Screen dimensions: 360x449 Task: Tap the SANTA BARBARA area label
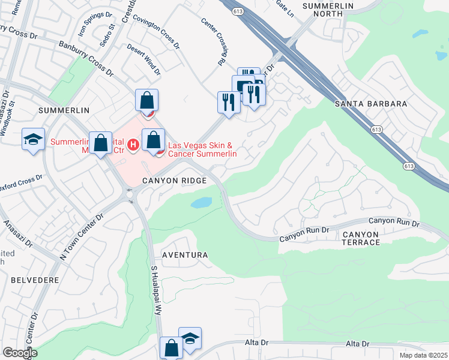tap(370, 104)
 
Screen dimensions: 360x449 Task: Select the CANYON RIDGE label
tap(174, 181)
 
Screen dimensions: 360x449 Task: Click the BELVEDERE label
tap(30, 280)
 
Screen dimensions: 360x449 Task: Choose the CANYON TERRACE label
tap(361, 237)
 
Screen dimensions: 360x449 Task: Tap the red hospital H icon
tap(133, 145)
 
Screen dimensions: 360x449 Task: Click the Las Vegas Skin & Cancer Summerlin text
tap(202, 149)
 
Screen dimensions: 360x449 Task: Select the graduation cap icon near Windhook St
tap(34, 140)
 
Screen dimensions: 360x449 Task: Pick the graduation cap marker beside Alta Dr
tap(190, 338)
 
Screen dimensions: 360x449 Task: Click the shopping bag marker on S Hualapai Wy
tap(171, 348)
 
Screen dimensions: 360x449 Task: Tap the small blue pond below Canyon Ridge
tap(201, 203)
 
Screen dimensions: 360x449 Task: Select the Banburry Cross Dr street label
tap(85, 58)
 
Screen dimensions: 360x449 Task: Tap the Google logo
tap(20, 352)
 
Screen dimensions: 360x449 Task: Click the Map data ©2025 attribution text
tap(423, 355)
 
